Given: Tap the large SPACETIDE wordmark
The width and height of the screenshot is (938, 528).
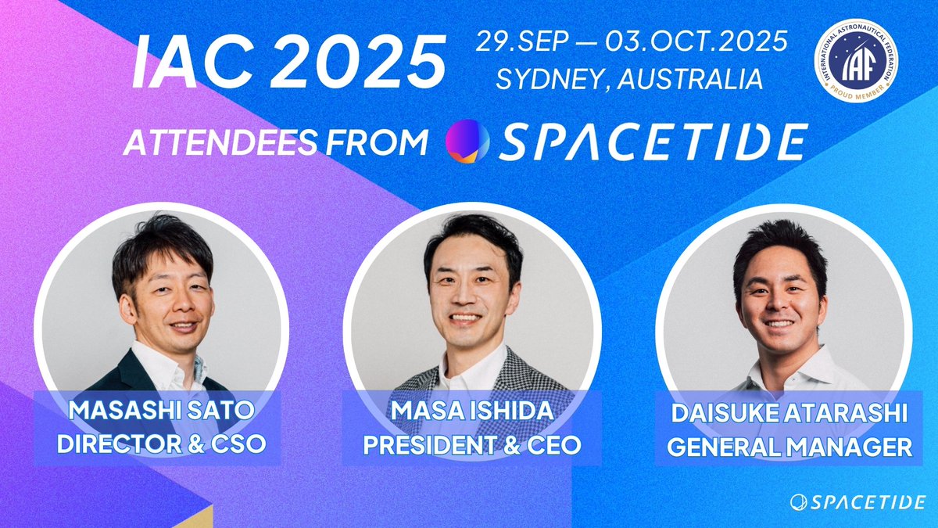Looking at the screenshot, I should pos(653,142).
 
